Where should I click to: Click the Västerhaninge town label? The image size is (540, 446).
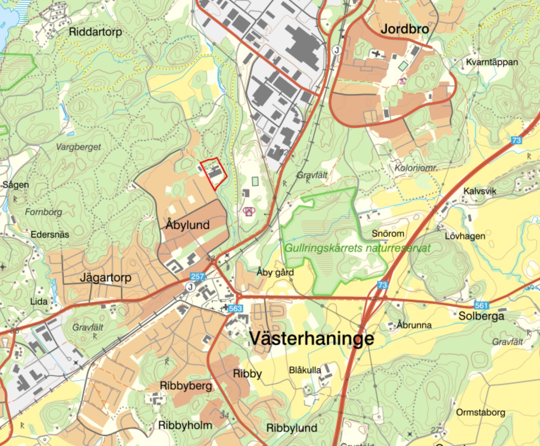pyautogui.click(x=312, y=338)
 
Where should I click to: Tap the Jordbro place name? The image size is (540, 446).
pyautogui.click(x=405, y=29)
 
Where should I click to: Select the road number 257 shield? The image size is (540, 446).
pyautogui.click(x=197, y=276)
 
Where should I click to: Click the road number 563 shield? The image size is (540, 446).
pyautogui.click(x=235, y=309)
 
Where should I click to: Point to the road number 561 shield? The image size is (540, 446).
pyautogui.click(x=481, y=305)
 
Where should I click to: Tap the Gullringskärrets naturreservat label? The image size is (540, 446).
pyautogui.click(x=357, y=248)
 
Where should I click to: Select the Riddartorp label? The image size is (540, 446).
pyautogui.click(x=95, y=32)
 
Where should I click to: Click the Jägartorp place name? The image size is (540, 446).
pyautogui.click(x=105, y=277)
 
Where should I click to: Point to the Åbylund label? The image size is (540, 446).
pyautogui.click(x=188, y=225)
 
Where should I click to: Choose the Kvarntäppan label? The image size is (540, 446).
pyautogui.click(x=492, y=62)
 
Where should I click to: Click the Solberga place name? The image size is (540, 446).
pyautogui.click(x=481, y=316)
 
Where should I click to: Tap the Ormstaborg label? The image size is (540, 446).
pyautogui.click(x=480, y=412)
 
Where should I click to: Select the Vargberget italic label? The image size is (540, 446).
pyautogui.click(x=78, y=147)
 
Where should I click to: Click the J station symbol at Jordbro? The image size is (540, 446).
pyautogui.click(x=336, y=50)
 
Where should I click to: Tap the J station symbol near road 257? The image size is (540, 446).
pyautogui.click(x=190, y=287)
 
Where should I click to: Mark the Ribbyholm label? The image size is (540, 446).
pyautogui.click(x=185, y=425)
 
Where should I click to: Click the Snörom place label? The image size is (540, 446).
pyautogui.click(x=388, y=234)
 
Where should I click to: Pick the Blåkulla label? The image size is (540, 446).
pyautogui.click(x=305, y=370)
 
